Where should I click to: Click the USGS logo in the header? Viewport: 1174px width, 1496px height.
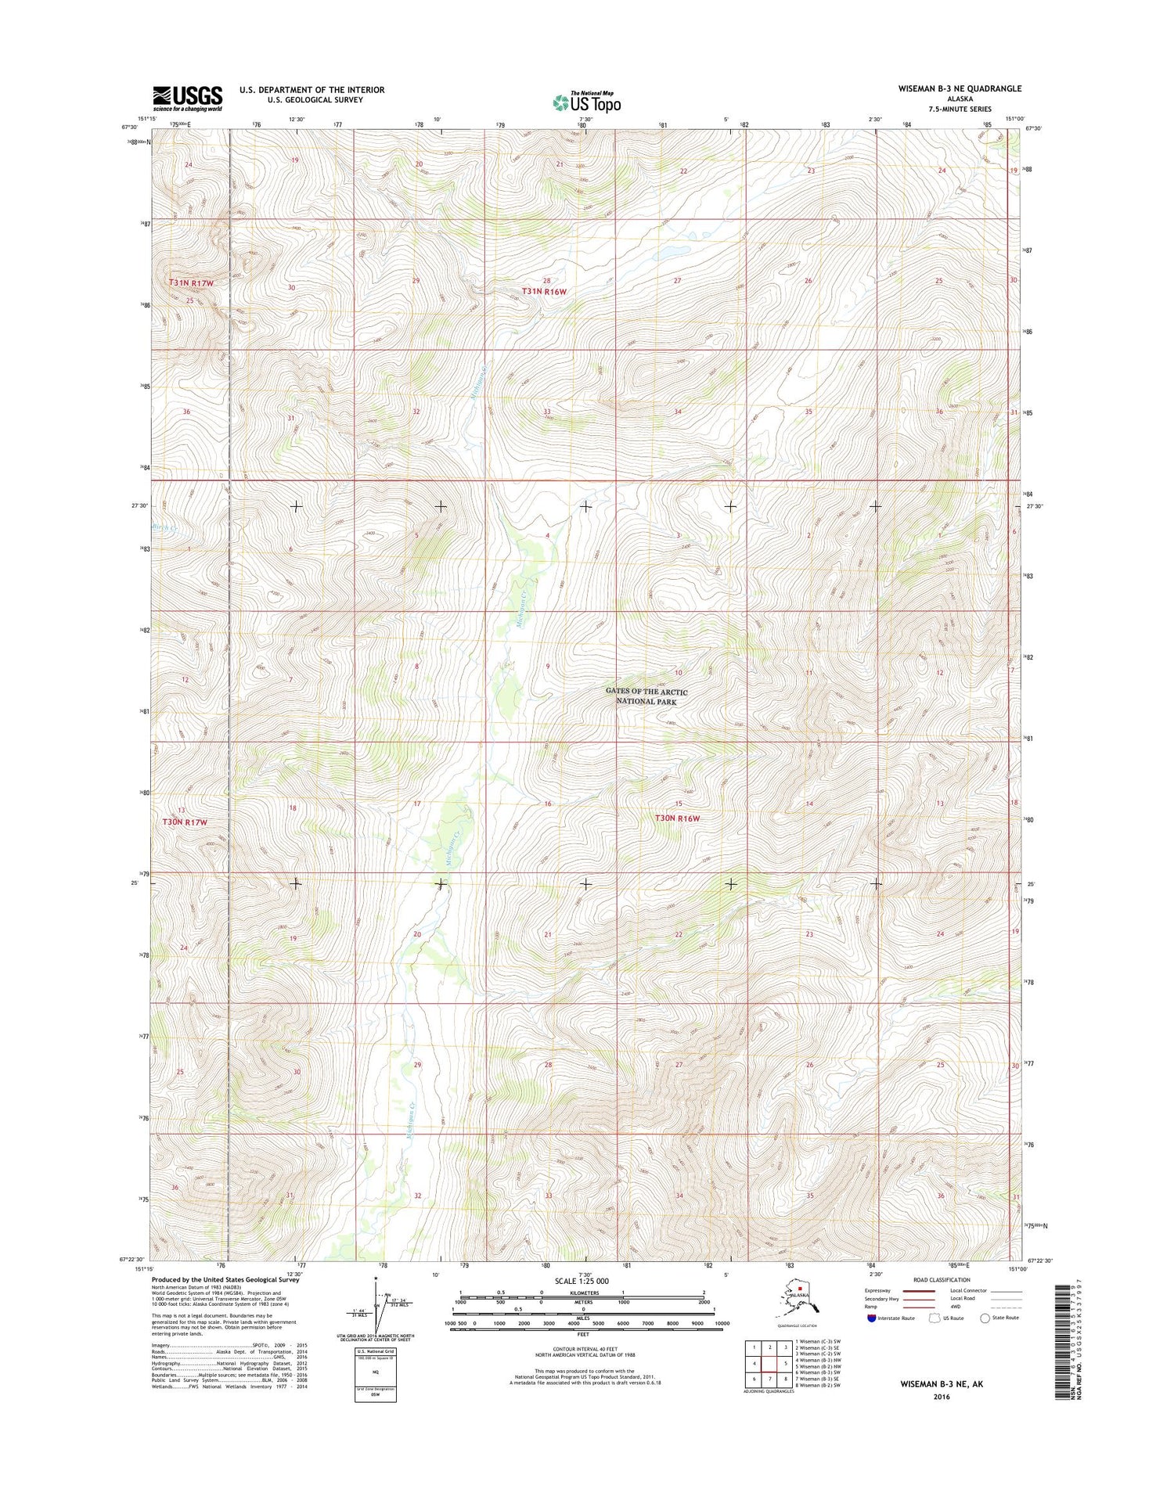(187, 99)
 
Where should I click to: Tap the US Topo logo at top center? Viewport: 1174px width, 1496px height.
(587, 102)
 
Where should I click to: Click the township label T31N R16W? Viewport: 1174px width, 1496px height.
(544, 291)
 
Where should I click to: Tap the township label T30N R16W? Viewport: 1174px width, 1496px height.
(677, 818)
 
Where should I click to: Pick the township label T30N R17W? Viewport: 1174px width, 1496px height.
(185, 822)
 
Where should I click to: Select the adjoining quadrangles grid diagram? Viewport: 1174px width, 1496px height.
(772, 1362)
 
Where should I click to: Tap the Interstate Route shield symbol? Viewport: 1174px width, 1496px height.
(872, 1318)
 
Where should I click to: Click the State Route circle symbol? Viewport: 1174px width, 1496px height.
(985, 1318)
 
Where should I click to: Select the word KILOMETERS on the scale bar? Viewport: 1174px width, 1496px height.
(582, 1293)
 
